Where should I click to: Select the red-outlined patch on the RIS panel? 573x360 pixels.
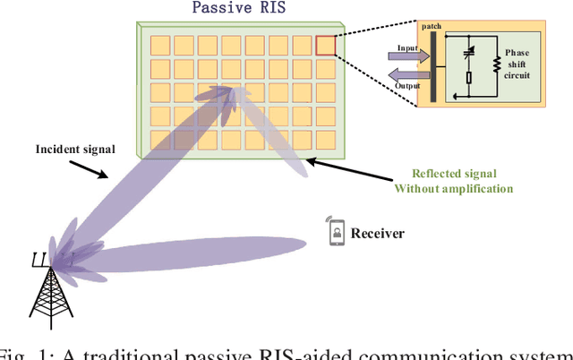point(325,45)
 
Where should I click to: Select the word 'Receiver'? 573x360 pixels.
point(377,234)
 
